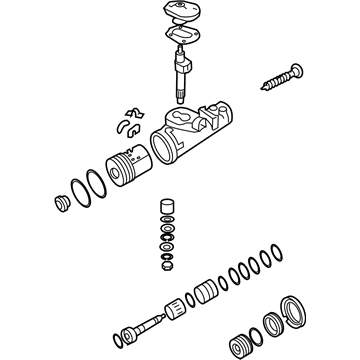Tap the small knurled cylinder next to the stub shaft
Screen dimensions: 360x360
pyautogui.click(x=176, y=306)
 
